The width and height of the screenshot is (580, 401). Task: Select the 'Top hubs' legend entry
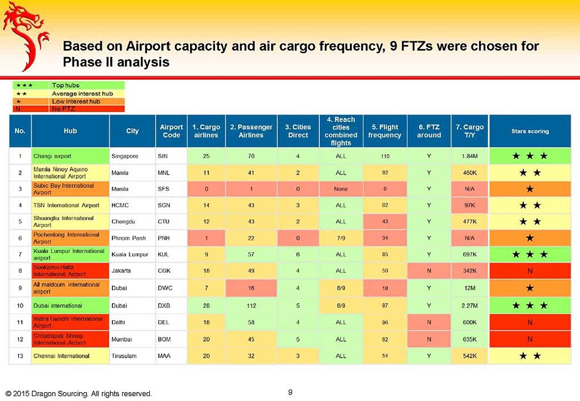(65, 85)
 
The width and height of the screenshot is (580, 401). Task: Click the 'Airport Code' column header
(171, 131)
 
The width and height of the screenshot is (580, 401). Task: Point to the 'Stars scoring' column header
(530, 131)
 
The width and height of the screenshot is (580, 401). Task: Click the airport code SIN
(163, 157)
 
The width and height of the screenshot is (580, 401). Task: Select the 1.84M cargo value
(470, 157)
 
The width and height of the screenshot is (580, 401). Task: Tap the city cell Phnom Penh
(129, 238)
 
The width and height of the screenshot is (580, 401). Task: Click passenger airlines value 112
(251, 305)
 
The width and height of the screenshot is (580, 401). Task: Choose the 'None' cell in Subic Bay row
(340, 189)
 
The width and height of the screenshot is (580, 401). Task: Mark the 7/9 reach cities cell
(340, 238)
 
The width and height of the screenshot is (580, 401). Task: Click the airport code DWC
(164, 288)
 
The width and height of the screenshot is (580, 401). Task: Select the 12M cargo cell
(470, 288)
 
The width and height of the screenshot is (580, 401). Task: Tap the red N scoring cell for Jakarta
(529, 272)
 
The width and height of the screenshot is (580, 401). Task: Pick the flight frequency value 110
(384, 157)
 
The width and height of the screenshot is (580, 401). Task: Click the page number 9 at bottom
(290, 392)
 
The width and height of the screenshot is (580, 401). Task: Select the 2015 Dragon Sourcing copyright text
(79, 394)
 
